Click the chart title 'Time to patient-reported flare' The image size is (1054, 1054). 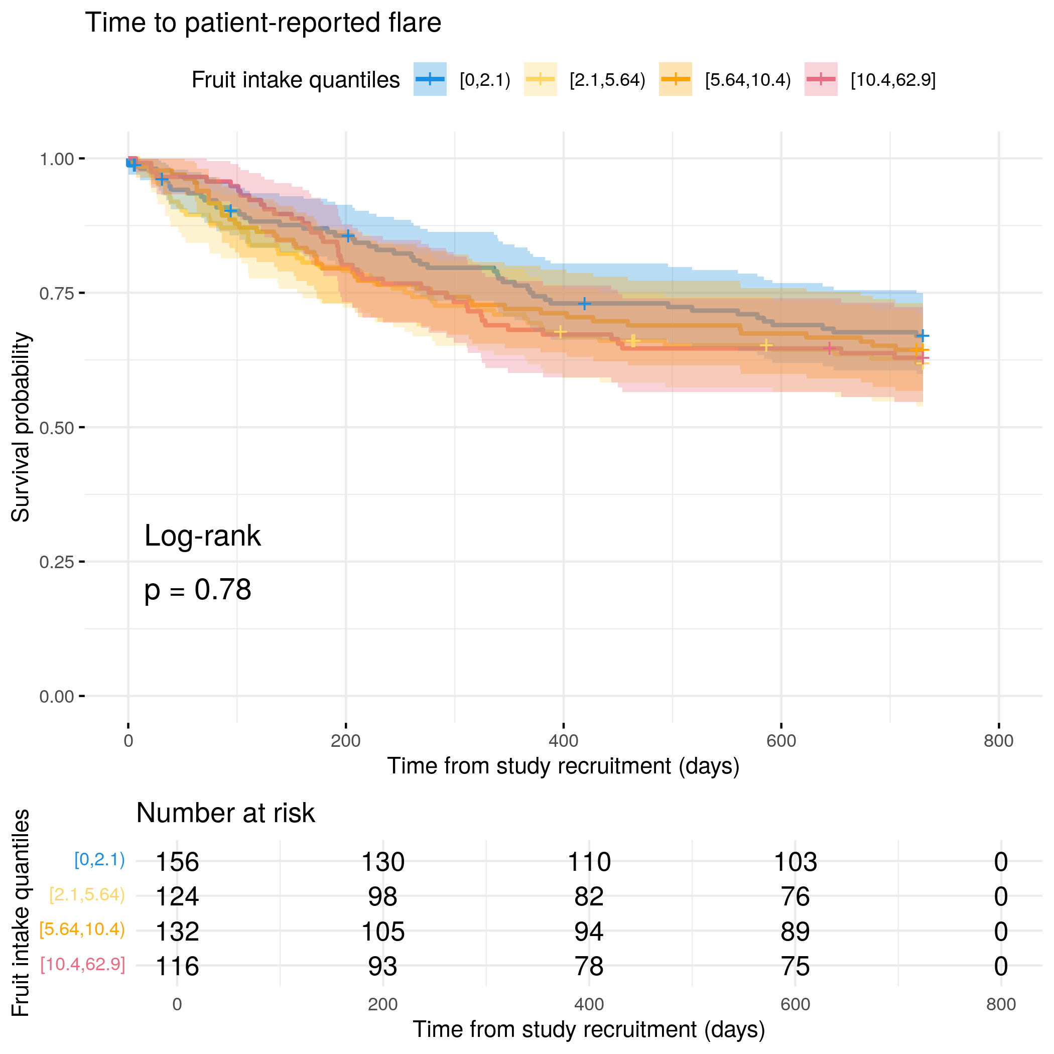coord(263,23)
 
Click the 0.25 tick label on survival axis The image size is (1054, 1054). coord(56,562)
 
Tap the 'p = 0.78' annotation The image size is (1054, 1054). coord(197,590)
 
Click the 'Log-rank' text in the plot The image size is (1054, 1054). coord(202,536)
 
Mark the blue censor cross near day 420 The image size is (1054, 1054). coord(584,303)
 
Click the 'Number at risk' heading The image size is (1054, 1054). coord(225,813)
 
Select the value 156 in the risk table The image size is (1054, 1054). coord(177,862)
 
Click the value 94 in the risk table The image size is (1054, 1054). coord(589,931)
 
